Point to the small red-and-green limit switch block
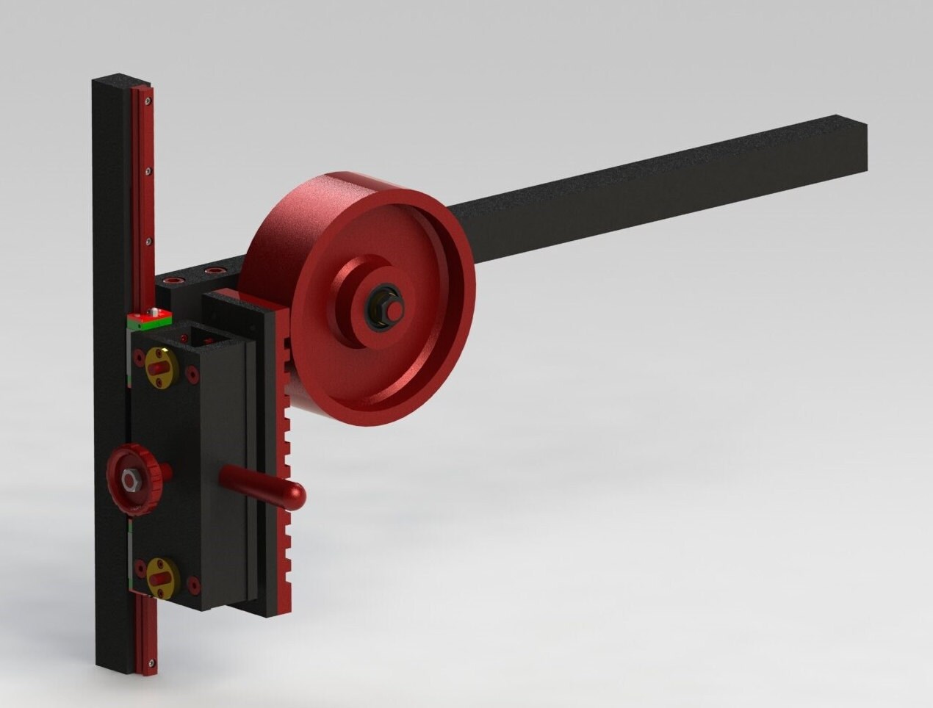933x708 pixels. (149, 318)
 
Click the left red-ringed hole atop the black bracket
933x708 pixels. (176, 280)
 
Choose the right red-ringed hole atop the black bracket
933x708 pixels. (214, 272)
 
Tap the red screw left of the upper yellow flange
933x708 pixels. (137, 359)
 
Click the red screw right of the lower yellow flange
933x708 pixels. (193, 585)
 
